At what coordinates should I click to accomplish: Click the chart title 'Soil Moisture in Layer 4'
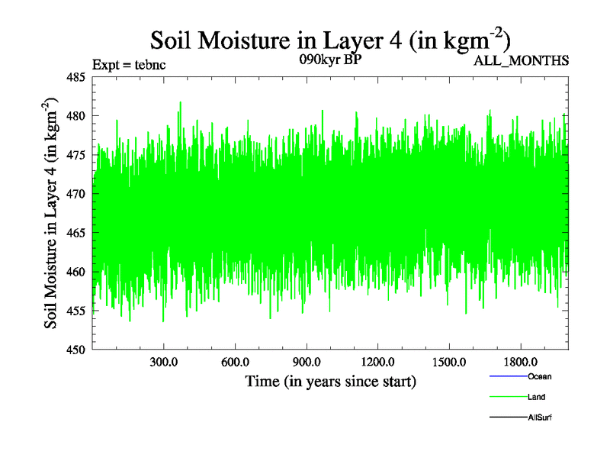(x=330, y=40)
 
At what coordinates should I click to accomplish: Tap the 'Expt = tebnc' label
(x=129, y=64)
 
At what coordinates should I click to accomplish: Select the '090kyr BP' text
(x=330, y=60)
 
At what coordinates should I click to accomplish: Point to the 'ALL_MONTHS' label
(x=522, y=61)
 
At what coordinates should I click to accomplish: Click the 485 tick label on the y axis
(x=75, y=77)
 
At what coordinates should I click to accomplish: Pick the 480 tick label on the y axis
(x=75, y=116)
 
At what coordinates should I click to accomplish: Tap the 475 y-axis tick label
(x=75, y=155)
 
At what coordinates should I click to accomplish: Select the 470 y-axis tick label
(x=75, y=194)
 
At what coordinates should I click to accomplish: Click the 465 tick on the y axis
(x=75, y=233)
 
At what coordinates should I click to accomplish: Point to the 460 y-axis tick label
(x=75, y=272)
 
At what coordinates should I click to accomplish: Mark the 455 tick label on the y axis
(x=75, y=311)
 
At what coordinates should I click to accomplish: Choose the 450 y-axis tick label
(x=75, y=350)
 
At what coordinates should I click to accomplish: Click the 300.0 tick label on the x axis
(x=164, y=363)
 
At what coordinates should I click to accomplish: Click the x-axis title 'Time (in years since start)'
(x=330, y=381)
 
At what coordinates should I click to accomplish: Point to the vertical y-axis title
(x=51, y=213)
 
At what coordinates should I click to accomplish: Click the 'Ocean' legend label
(x=539, y=377)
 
